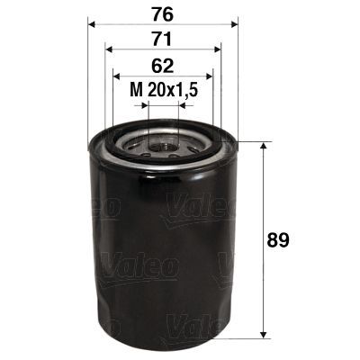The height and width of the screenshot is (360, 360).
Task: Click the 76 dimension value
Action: [163, 13]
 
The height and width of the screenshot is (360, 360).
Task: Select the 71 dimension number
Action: [163, 39]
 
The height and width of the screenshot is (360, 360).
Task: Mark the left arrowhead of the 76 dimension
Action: [93, 25]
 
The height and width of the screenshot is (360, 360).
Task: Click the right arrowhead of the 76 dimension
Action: [232, 25]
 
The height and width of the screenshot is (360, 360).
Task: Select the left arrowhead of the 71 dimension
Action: [108, 50]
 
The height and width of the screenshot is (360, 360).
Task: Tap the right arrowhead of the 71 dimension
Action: [217, 50]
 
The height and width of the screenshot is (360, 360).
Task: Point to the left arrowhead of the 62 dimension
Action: [117, 76]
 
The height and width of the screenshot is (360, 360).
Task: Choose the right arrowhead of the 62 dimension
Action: [208, 76]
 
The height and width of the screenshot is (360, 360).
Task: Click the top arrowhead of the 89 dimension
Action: [263, 146]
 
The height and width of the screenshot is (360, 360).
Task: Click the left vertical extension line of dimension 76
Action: [88, 81]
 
